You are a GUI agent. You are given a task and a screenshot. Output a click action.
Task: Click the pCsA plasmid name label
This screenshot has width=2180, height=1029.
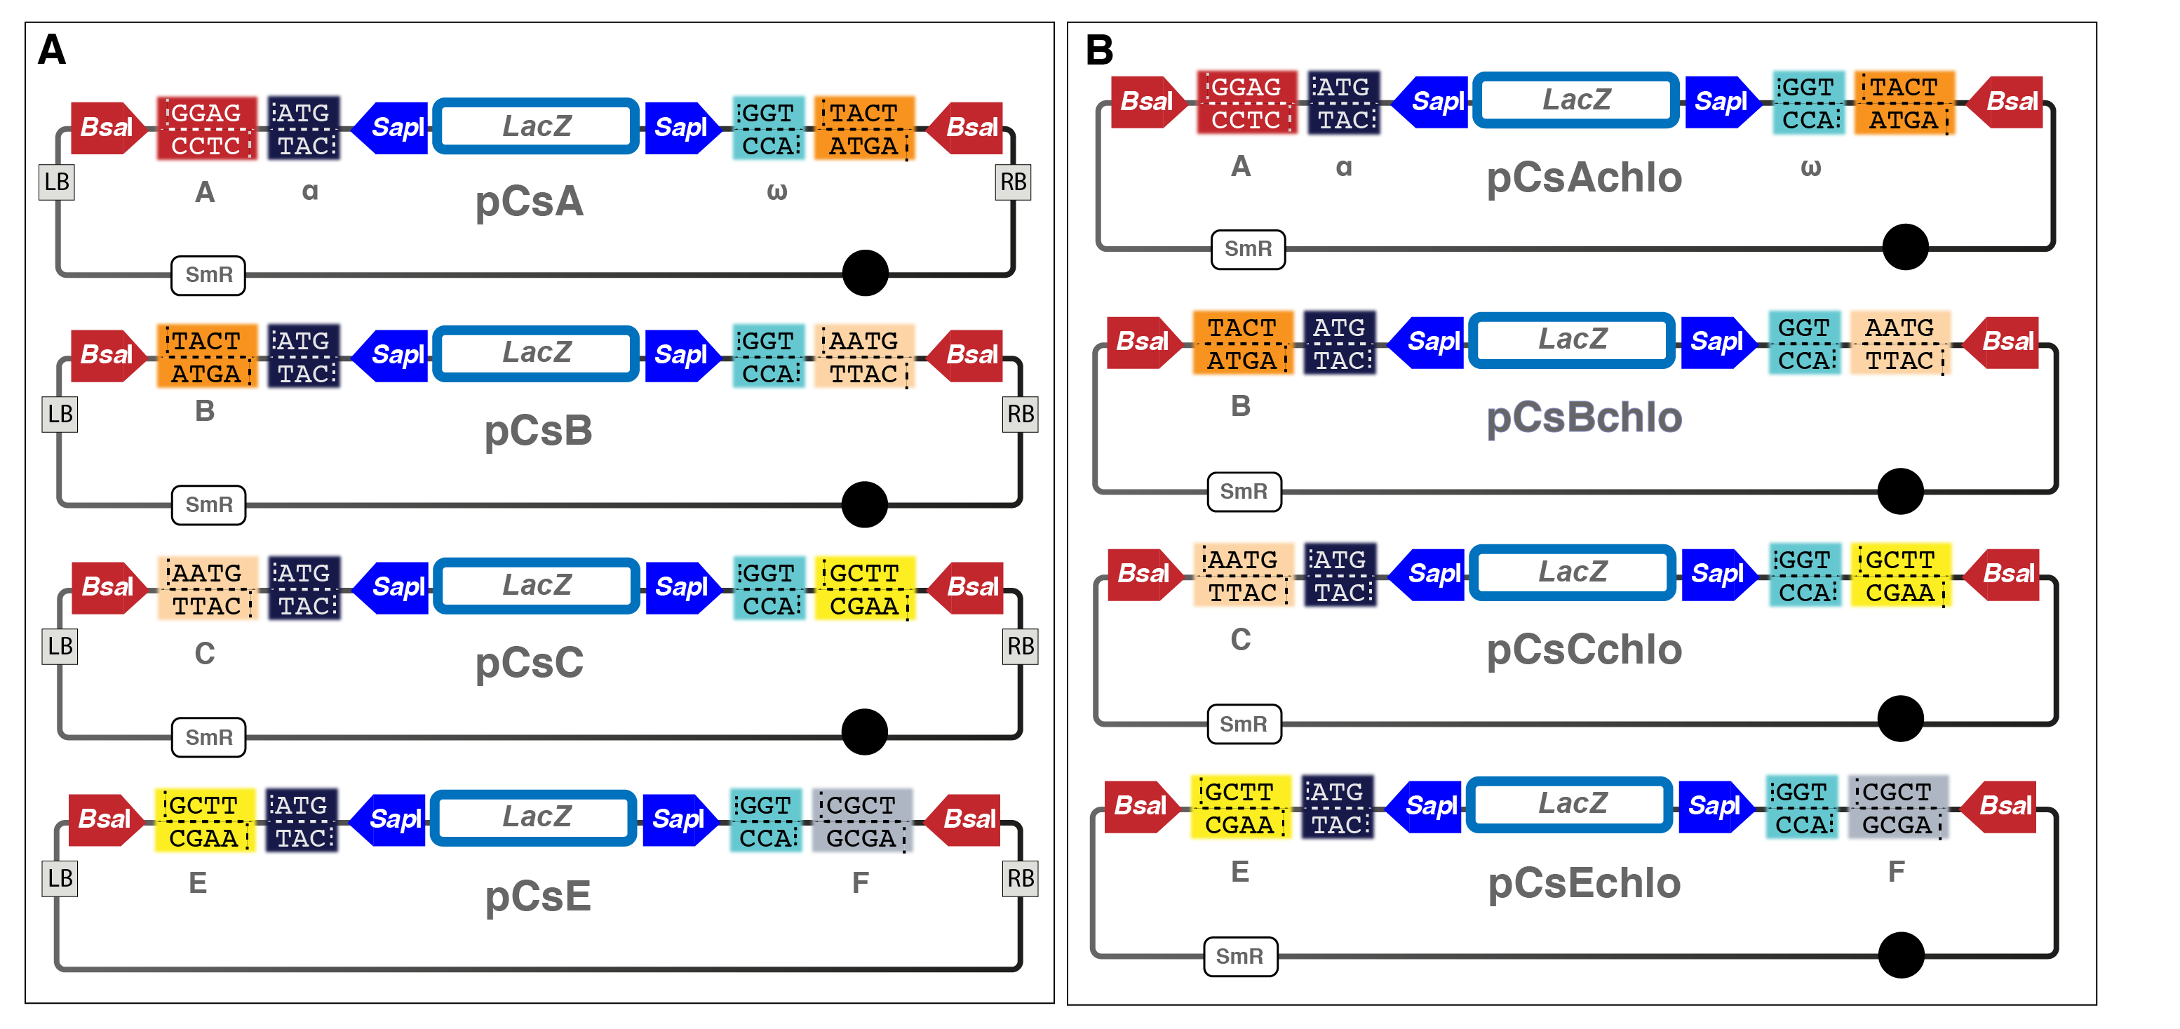pos(529,202)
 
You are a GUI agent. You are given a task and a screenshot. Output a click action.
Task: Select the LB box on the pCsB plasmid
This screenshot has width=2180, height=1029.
pos(60,414)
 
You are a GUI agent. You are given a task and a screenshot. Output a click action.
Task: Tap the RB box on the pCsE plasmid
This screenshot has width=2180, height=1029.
pos(1020,878)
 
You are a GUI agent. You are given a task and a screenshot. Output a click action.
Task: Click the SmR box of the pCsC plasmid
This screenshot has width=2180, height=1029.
pos(209,737)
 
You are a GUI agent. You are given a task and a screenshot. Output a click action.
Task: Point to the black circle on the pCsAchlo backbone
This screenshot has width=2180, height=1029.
pos(1904,247)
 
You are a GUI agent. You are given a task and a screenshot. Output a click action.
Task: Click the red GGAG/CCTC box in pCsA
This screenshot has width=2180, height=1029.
pos(206,128)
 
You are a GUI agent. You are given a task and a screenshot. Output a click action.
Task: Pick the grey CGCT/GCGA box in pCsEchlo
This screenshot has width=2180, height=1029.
pos(1897,808)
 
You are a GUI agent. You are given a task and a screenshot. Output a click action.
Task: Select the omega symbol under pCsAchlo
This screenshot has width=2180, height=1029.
pos(1810,168)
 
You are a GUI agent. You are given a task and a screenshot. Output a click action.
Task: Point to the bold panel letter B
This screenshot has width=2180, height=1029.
pos(1099,50)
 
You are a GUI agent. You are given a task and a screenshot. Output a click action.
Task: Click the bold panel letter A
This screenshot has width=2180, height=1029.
pos(52,50)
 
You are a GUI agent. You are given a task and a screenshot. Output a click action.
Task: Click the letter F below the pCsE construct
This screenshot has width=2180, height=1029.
pos(860,882)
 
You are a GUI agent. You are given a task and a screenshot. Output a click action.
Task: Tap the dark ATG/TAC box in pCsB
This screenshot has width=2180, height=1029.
pos(304,356)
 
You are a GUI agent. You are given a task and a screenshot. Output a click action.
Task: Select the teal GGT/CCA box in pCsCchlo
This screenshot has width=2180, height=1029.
pos(1806,575)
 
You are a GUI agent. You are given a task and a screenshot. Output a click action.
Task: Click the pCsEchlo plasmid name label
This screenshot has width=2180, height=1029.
pos(1583,883)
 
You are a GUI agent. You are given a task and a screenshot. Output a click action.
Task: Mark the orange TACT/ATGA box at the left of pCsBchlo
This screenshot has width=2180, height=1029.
pos(1242,344)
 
